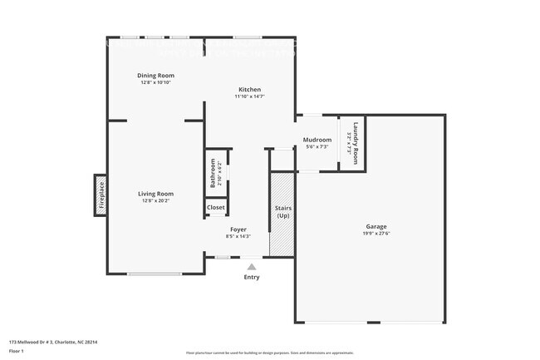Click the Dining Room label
155,76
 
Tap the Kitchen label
250,90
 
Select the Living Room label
155,194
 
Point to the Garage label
376,227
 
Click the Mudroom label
317,140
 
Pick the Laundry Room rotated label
356,143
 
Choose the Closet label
216,207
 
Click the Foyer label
238,229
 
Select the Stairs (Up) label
282,211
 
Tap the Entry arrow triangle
252,267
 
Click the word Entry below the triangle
252,277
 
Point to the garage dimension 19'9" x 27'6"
376,234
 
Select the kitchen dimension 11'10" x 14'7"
250,97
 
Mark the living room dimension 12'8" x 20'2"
155,200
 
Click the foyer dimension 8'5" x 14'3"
238,236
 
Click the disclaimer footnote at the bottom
269,353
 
